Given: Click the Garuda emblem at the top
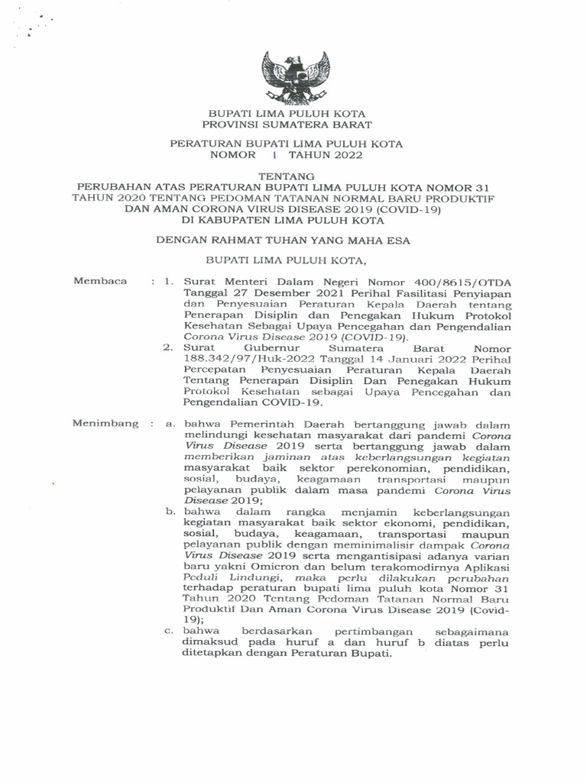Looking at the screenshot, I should pyautogui.click(x=296, y=76).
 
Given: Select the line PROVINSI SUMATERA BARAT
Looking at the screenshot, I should pyautogui.click(x=287, y=124).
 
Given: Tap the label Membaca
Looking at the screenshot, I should pyautogui.click(x=99, y=281).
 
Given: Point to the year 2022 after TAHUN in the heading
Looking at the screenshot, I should pyautogui.click(x=345, y=154).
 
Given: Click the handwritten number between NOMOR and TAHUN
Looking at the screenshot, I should pyautogui.click(x=273, y=154).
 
